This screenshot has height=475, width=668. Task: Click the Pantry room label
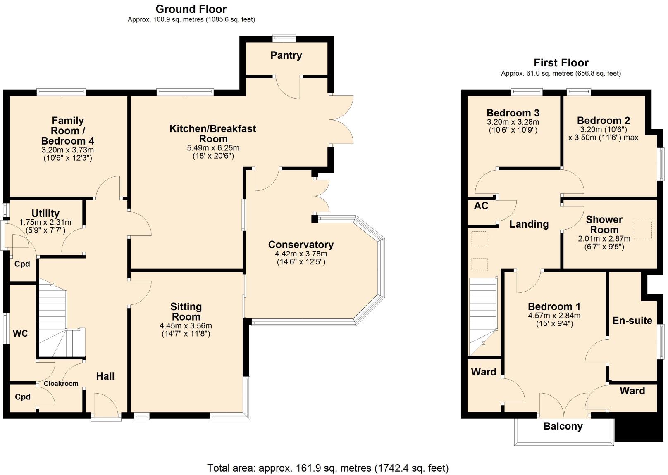[286, 55]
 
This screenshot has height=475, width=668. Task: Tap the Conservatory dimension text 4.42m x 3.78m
[301, 254]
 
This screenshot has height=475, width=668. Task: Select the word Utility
[45, 214]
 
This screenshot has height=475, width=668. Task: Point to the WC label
[20, 333]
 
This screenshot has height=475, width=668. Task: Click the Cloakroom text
[61, 384]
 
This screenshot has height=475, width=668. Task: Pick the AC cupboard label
[481, 206]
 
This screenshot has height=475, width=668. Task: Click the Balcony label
[563, 426]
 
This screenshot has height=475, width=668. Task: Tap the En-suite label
[632, 321]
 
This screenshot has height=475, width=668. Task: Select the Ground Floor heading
[191, 9]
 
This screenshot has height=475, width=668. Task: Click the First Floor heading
[561, 63]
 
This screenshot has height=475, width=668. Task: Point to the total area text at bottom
[327, 468]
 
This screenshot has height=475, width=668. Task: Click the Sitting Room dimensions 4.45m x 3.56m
[186, 325]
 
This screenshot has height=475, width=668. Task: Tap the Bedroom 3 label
[513, 113]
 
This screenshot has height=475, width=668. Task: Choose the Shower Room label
[604, 224]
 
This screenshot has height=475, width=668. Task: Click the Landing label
[529, 224]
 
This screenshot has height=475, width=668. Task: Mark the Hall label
[105, 376]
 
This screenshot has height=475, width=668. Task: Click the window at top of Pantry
[284, 38]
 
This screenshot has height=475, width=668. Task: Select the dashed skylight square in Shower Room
[642, 230]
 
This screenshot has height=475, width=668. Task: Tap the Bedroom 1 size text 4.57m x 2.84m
[554, 316]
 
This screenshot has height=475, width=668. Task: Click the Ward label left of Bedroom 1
[484, 372]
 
